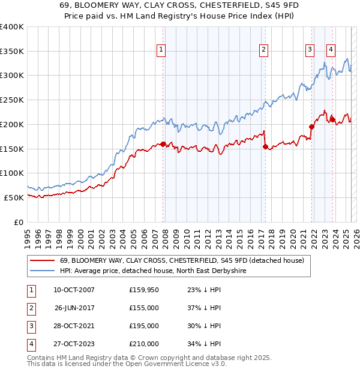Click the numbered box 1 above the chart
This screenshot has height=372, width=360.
(x=162, y=50)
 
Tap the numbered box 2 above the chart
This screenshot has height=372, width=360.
(x=264, y=50)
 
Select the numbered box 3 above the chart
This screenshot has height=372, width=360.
(x=310, y=50)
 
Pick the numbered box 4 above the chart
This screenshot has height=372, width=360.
(x=331, y=50)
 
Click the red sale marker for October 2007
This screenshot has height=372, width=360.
(x=163, y=144)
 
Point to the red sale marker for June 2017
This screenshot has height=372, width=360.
(x=265, y=146)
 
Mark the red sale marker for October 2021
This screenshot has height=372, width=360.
(x=311, y=127)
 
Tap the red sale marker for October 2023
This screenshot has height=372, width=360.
(x=332, y=119)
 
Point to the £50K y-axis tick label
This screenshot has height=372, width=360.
(x=14, y=197)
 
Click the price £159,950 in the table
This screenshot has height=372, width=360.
(x=144, y=290)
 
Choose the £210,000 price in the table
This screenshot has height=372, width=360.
(x=144, y=344)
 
